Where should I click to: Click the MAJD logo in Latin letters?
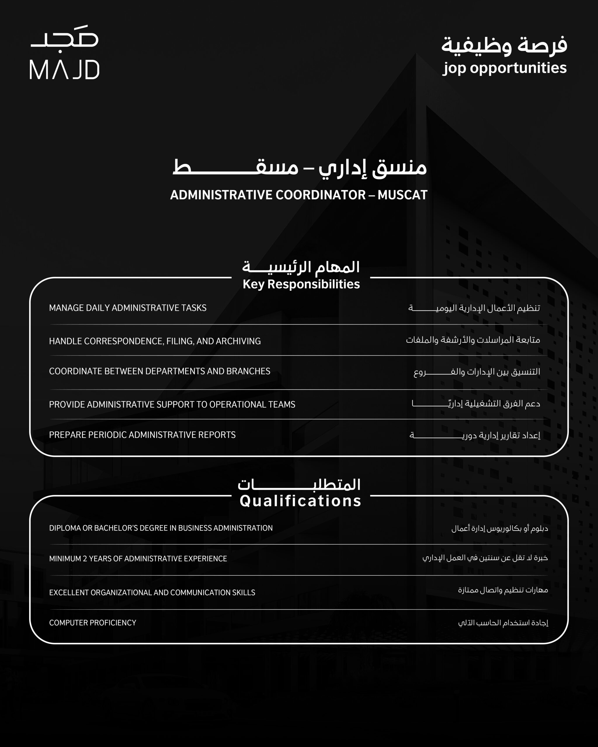[65, 70]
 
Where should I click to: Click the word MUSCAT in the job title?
[402, 195]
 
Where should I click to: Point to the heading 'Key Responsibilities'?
[301, 284]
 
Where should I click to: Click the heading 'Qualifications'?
[300, 501]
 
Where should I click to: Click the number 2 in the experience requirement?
[85, 558]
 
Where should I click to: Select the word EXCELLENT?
[69, 592]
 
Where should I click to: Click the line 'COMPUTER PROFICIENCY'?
[93, 623]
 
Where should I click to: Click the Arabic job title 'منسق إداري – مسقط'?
[300, 168]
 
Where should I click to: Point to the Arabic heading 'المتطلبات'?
[299, 484]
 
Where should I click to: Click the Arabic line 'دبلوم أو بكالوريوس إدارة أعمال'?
[500, 528]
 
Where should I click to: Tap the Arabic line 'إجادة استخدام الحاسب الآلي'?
[503, 623]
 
